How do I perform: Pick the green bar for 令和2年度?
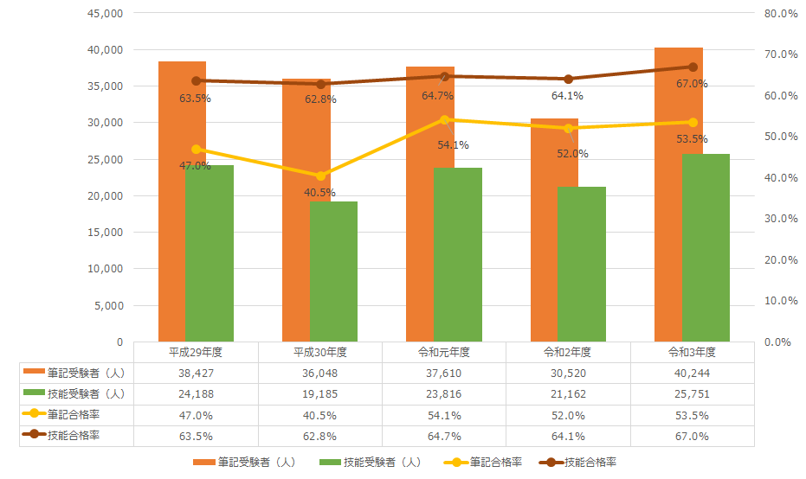[x=582, y=264]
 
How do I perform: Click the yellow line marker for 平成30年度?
[x=321, y=176]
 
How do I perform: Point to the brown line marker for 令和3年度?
[x=693, y=67]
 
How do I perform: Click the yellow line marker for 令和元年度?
[x=445, y=119]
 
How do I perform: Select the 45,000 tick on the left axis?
[x=105, y=14]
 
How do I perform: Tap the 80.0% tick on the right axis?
[x=781, y=14]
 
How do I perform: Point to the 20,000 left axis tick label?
[x=105, y=196]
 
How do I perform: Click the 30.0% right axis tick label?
[x=781, y=219]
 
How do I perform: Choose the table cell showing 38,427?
[x=197, y=373]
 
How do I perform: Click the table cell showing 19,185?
[x=320, y=393]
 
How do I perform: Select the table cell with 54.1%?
[x=444, y=415]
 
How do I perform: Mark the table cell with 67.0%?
[x=693, y=436]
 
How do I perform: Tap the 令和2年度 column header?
[x=568, y=353]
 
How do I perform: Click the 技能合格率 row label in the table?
[x=74, y=435]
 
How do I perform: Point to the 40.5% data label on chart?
[x=320, y=192]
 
